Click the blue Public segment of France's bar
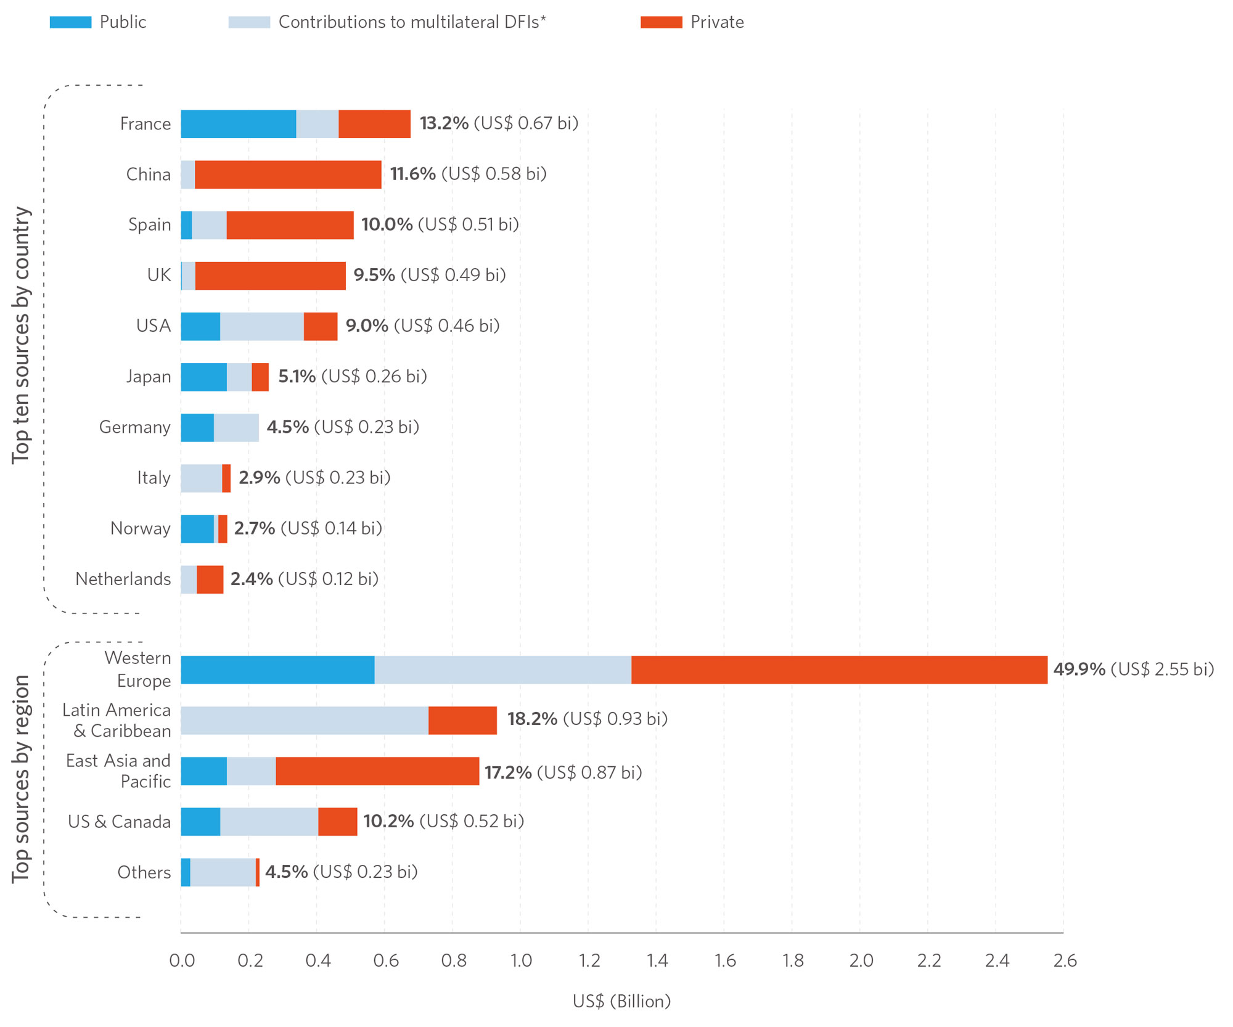click(238, 124)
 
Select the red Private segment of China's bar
click(288, 174)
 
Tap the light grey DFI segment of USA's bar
click(261, 326)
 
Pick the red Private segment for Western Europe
click(838, 669)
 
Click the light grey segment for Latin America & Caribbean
click(304, 720)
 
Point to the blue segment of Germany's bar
click(197, 428)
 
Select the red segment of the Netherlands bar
click(210, 579)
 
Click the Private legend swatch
click(661, 22)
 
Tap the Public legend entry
click(123, 22)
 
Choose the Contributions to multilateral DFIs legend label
click(412, 22)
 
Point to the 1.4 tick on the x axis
click(657, 960)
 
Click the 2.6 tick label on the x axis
click(1065, 960)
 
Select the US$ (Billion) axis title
click(621, 1001)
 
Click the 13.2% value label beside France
click(444, 123)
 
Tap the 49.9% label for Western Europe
click(1079, 669)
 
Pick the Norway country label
click(141, 528)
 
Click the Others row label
click(144, 872)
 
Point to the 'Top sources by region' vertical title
click(22, 779)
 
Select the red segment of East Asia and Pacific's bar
click(377, 771)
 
